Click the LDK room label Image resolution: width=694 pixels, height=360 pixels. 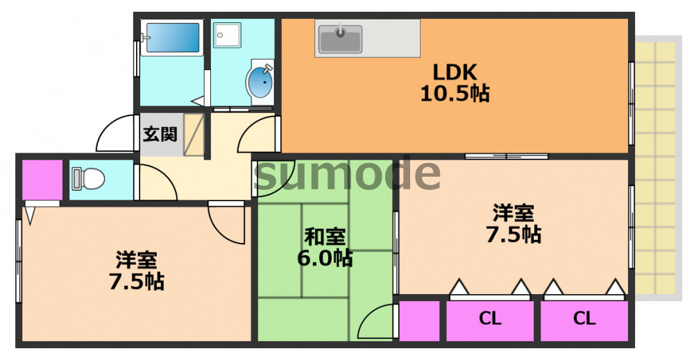point(455,71)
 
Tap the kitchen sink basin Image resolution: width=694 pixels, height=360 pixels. point(340,39)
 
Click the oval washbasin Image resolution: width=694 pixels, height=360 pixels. point(261,83)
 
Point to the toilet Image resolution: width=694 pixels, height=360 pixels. point(87,180)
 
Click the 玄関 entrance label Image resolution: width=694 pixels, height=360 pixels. point(160,133)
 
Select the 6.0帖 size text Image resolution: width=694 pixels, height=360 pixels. point(325,258)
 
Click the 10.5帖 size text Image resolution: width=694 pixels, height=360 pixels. point(455,93)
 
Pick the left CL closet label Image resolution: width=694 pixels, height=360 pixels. point(490,319)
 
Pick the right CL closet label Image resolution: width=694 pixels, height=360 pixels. point(584,319)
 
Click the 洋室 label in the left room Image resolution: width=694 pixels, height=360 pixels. point(136,261)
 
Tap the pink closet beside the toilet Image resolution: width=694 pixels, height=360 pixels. point(41,180)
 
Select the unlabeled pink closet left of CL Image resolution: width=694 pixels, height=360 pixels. point(420,320)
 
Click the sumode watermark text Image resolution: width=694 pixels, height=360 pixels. point(347,173)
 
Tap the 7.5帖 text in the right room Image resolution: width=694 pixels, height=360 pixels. point(514,234)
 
